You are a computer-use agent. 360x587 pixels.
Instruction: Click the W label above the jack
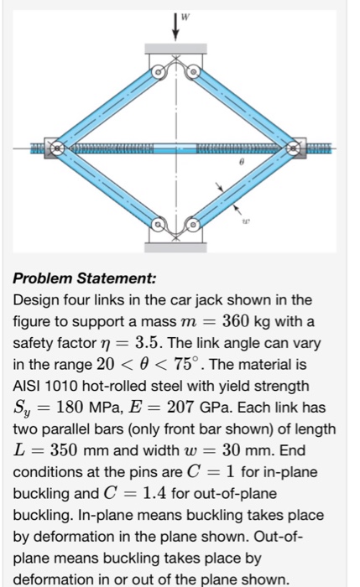point(185,17)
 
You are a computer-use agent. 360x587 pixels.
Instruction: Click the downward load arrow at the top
point(175,26)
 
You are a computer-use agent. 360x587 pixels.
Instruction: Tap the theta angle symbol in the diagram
point(242,162)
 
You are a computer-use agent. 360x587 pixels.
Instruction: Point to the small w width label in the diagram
point(245,221)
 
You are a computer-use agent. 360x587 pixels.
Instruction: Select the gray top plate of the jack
point(175,49)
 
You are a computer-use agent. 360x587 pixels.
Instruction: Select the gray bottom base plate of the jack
point(175,247)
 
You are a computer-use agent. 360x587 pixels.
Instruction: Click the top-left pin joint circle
point(158,71)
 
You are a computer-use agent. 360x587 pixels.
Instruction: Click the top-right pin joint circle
point(193,71)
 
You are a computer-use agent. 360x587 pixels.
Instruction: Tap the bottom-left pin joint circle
point(158,225)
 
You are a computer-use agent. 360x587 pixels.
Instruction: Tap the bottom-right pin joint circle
point(192,225)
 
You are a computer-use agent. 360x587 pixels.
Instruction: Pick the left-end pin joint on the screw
point(56,148)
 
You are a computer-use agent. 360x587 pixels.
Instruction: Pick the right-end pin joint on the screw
point(294,148)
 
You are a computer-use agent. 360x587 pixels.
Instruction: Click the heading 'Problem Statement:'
point(84,278)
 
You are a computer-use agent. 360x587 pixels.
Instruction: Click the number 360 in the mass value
point(236,321)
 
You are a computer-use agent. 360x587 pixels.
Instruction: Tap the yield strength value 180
point(70,407)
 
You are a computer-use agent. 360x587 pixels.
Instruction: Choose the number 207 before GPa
point(180,407)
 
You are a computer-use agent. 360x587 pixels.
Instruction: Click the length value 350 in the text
point(64,450)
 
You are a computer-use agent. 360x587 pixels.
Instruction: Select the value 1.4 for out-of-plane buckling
point(154,493)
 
